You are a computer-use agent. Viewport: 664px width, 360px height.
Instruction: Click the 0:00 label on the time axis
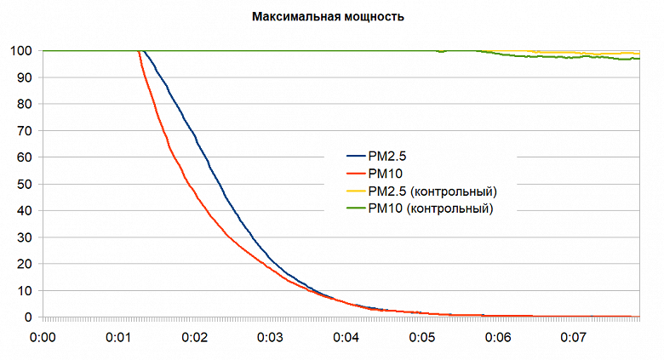[x=43, y=337]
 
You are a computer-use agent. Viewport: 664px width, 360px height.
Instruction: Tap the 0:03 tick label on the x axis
[x=270, y=337]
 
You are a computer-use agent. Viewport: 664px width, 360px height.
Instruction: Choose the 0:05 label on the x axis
[x=422, y=337]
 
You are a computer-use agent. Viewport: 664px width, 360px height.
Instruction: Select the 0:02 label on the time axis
[x=194, y=337]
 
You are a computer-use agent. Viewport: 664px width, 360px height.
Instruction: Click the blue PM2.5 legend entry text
[x=388, y=156]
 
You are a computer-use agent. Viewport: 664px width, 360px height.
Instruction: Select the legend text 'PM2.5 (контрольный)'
[x=432, y=191]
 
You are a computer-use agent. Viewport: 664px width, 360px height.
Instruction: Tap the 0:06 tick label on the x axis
[x=498, y=337]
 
